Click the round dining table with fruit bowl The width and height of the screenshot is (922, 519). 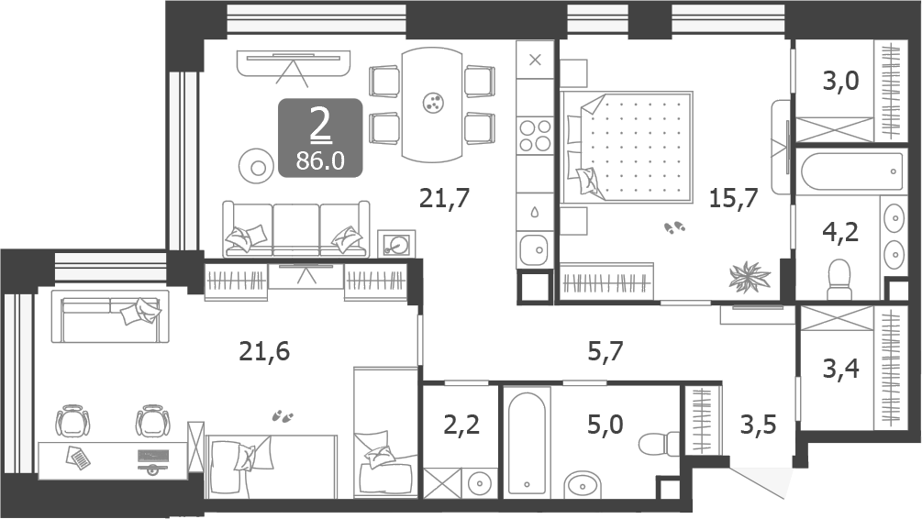coord(432,103)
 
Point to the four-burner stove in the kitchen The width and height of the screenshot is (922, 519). coord(535,135)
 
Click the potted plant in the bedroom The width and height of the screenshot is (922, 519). coord(750,276)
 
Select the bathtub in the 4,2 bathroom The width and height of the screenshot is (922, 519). coord(850,171)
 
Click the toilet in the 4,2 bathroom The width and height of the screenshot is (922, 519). coord(839,279)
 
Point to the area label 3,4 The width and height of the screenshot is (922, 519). coord(840,370)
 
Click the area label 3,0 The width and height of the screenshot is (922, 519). coord(840,81)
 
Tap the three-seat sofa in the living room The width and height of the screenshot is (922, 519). coord(295,229)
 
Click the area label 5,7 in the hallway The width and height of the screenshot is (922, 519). coord(606,349)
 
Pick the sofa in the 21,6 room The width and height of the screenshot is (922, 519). coord(110,316)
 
